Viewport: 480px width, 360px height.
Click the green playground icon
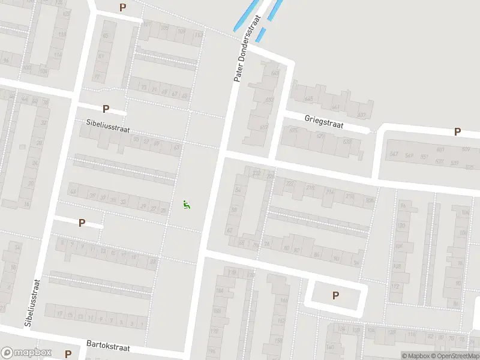(x=187, y=205)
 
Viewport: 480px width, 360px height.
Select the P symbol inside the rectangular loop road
(x=335, y=295)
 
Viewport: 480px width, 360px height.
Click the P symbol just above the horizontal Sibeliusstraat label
(x=106, y=109)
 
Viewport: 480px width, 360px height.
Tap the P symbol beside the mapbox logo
(x=68, y=354)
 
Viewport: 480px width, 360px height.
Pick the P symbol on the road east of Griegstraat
(x=457, y=131)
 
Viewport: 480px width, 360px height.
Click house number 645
(x=309, y=99)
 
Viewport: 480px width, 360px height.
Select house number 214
(x=329, y=192)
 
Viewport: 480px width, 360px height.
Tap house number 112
(x=395, y=286)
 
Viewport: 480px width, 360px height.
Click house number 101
(x=147, y=24)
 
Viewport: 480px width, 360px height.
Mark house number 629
(x=347, y=142)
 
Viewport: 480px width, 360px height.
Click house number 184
(x=220, y=291)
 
